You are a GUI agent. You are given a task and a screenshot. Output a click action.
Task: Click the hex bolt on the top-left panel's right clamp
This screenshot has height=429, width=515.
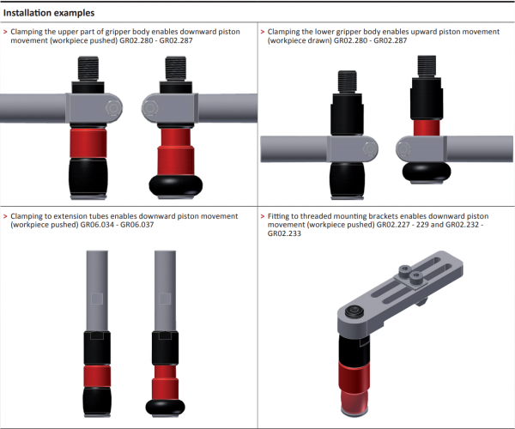pyautogui.click(x=151, y=109)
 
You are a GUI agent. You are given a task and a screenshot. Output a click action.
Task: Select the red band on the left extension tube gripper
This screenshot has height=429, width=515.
pyautogui.click(x=95, y=377)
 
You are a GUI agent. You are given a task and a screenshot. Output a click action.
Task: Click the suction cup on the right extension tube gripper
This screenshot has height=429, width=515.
pyautogui.click(x=166, y=406)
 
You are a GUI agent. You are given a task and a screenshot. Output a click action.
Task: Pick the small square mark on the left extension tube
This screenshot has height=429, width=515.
pyautogui.click(x=95, y=300)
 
